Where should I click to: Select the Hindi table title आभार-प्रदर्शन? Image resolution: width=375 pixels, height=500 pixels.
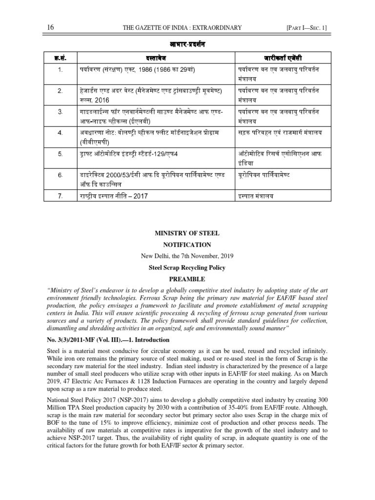187,44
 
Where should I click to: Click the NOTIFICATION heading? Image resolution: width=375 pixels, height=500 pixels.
187,245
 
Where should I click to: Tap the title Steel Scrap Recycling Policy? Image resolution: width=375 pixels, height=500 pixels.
187,268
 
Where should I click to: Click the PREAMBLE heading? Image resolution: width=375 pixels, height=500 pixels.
187,279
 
